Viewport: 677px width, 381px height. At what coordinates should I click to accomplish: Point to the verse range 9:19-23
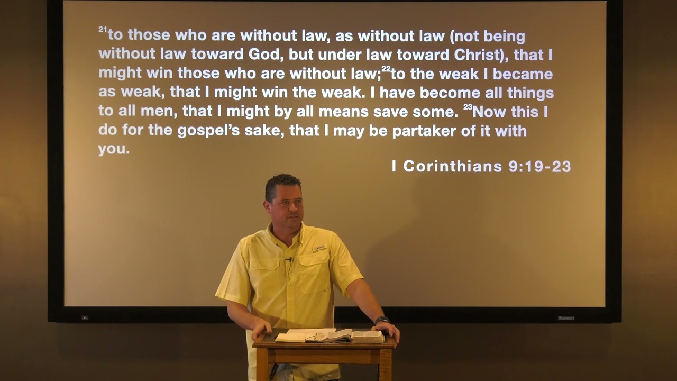[539, 166]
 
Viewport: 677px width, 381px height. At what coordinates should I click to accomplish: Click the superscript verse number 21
[103, 31]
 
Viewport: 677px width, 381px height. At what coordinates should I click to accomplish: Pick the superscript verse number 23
[468, 107]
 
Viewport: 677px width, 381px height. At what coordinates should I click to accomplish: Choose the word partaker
[424, 131]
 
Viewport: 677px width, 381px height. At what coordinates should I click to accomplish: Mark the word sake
[264, 131]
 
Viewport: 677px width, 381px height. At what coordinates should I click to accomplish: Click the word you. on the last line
[114, 149]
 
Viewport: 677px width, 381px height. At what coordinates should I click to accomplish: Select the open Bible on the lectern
[331, 335]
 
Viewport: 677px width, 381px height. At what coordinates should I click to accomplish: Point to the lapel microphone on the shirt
[289, 259]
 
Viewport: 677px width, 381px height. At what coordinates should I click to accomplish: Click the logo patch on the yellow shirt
[319, 248]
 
